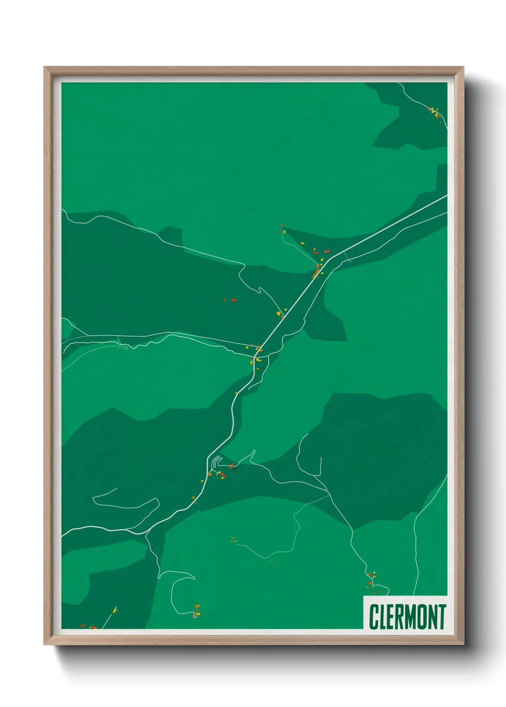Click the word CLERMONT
407,617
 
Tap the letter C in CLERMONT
373,617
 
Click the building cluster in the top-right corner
434,113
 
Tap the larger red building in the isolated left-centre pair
234,300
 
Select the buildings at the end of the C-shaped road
196,609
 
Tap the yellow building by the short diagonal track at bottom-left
115,610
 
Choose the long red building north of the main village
327,251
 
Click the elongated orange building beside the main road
316,274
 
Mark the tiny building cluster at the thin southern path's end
233,540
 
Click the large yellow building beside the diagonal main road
279,313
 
